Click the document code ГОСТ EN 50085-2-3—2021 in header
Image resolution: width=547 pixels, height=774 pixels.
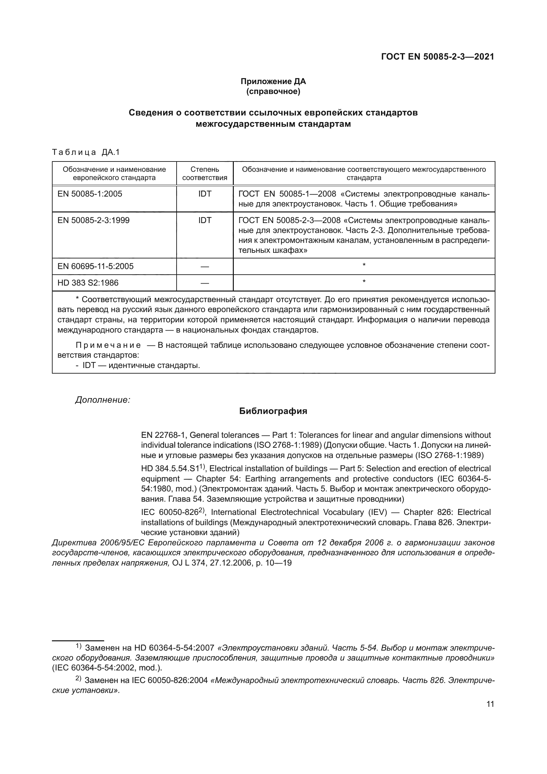(438, 57)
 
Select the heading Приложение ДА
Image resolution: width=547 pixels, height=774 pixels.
(273, 81)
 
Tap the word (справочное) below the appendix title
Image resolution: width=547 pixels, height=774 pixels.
(273, 91)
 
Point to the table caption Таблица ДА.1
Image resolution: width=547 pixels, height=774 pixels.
(86, 152)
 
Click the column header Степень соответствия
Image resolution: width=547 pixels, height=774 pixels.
(204, 173)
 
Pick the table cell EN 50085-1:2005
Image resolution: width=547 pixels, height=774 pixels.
(90, 194)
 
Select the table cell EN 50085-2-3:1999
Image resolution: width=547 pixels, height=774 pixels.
(93, 220)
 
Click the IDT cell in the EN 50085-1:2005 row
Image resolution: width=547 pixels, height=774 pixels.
(205, 194)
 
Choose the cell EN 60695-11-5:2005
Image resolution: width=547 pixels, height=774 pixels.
(95, 266)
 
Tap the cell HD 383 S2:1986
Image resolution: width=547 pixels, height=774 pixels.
(88, 283)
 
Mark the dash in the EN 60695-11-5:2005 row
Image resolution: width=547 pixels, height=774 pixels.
(204, 267)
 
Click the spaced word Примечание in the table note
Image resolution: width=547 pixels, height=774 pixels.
(108, 345)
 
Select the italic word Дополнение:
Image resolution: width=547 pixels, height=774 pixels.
(103, 400)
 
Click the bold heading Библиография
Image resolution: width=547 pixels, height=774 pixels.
(273, 411)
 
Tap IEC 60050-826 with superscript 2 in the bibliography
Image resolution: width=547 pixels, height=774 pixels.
(169, 512)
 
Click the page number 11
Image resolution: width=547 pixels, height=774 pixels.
(490, 704)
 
